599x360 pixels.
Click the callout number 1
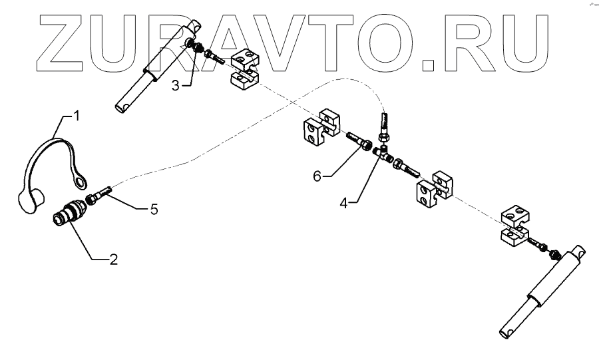click(x=76, y=116)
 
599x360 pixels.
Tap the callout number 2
click(x=114, y=260)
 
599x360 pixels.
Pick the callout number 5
click(x=154, y=209)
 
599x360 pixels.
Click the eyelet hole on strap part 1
click(x=81, y=181)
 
